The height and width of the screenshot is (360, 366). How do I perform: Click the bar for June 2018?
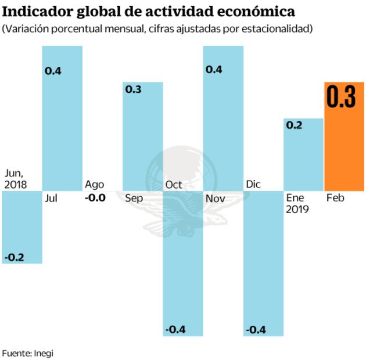coord(22,227)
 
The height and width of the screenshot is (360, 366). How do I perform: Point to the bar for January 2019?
coord(303,154)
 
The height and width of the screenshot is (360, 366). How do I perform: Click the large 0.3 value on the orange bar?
coord(341,98)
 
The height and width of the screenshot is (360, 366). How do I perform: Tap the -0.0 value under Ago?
coord(95,197)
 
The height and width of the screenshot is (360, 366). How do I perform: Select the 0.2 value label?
coord(295,125)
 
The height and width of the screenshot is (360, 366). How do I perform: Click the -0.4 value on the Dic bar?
coord(256,329)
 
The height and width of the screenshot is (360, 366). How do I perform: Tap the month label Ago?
coord(95,185)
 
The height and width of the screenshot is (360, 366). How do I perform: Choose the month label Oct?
coord(174,185)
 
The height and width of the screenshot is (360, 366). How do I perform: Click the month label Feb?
coord(335,198)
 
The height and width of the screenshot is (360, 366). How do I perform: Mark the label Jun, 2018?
coord(17,179)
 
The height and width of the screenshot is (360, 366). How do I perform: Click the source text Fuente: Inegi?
coord(31,352)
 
